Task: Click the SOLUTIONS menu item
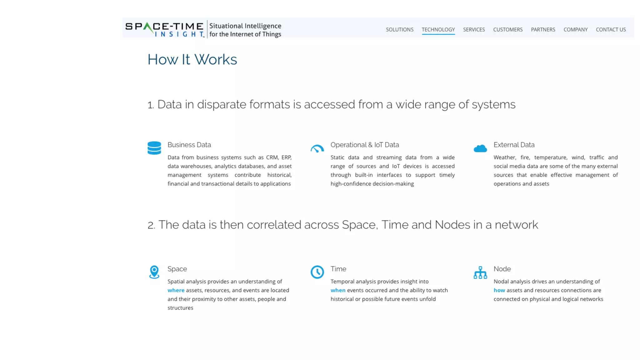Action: pyautogui.click(x=399, y=30)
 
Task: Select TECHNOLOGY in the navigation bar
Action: pyautogui.click(x=438, y=30)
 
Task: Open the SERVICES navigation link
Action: pyautogui.click(x=474, y=30)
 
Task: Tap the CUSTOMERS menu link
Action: pyautogui.click(x=508, y=30)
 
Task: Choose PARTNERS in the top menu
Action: pyautogui.click(x=543, y=30)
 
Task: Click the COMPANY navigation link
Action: pyautogui.click(x=575, y=30)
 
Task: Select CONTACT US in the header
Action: pyautogui.click(x=611, y=30)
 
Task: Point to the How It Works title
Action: pyautogui.click(x=192, y=59)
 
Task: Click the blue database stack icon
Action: pyautogui.click(x=154, y=148)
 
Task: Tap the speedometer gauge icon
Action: pyautogui.click(x=317, y=148)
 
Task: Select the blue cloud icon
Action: pyautogui.click(x=480, y=148)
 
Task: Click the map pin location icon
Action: pyautogui.click(x=154, y=272)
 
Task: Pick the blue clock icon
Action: pyautogui.click(x=317, y=272)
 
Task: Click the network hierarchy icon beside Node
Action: pyautogui.click(x=480, y=272)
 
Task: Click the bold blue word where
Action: pyautogui.click(x=176, y=290)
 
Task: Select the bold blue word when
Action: pyautogui.click(x=338, y=290)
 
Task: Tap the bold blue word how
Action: pyautogui.click(x=499, y=290)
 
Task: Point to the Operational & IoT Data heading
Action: pyautogui.click(x=365, y=145)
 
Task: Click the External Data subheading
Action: pyautogui.click(x=514, y=145)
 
